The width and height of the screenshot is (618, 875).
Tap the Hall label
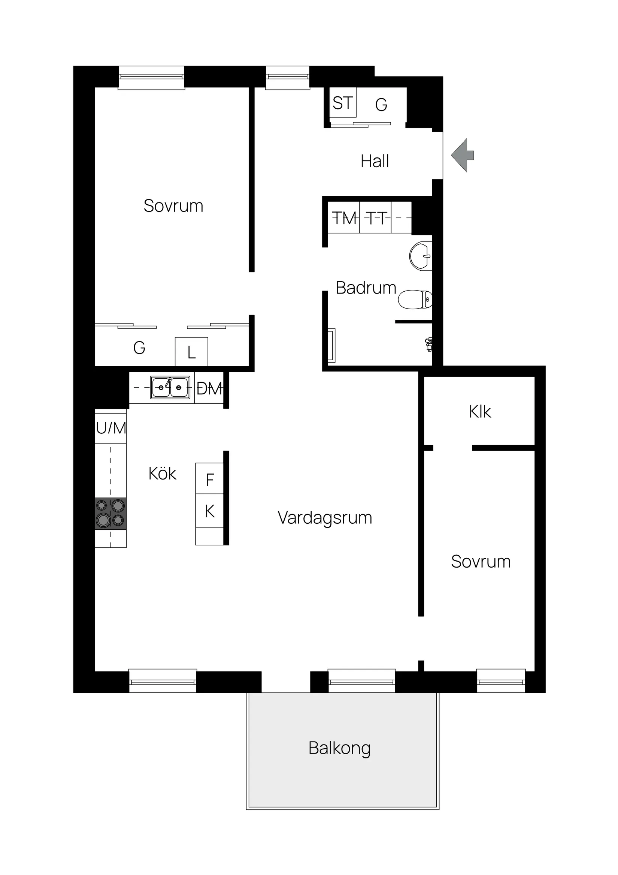coord(375,161)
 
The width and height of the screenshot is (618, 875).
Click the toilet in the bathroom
coord(415,300)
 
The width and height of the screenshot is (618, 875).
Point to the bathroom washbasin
coord(421,256)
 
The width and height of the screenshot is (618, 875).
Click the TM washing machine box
coord(344,217)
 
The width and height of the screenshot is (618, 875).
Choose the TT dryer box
coord(375,217)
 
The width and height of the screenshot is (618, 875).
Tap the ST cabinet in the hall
coord(343,102)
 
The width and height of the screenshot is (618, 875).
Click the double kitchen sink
coord(170,388)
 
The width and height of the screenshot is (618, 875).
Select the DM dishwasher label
coord(209,389)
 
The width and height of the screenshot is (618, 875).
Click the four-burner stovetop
coord(110,513)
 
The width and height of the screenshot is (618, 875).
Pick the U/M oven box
coord(110,428)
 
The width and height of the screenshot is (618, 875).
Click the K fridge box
coord(209,511)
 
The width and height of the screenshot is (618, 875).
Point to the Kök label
coord(162,474)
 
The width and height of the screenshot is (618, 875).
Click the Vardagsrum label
coord(325,518)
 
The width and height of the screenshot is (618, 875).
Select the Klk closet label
coord(480,412)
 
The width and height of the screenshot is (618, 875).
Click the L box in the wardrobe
coord(191,352)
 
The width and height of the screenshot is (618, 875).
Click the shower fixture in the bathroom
coord(429,344)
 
